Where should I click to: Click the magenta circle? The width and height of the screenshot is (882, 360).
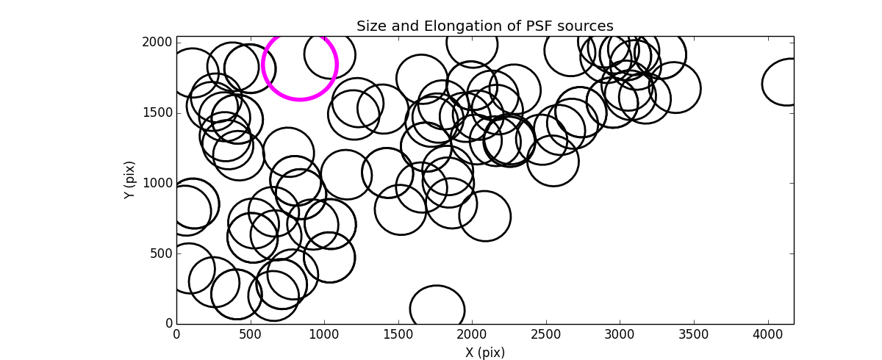(299, 64)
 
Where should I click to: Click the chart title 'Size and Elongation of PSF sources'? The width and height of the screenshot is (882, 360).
(484, 26)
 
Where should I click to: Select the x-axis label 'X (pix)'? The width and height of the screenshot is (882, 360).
(484, 353)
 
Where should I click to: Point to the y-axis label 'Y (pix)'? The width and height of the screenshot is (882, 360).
(130, 180)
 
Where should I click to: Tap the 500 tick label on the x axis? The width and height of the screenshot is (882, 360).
(251, 335)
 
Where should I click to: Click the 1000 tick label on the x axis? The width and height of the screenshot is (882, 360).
(324, 335)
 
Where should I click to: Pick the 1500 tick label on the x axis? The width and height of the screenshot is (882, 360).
(398, 335)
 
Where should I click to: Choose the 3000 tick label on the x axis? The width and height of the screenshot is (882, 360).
(620, 335)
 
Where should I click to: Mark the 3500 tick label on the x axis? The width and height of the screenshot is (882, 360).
(694, 335)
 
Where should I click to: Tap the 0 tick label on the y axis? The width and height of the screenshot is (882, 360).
(168, 324)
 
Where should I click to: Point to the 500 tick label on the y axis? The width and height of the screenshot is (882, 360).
(161, 253)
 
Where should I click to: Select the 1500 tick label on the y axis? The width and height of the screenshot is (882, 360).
(158, 112)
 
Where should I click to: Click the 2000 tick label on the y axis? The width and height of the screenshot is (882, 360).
(158, 43)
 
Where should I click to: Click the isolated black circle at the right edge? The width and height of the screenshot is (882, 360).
(788, 82)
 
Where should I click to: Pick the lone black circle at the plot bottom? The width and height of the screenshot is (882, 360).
(437, 309)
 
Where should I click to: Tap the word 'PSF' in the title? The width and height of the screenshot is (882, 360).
(539, 26)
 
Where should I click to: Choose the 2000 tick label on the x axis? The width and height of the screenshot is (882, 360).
(472, 335)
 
